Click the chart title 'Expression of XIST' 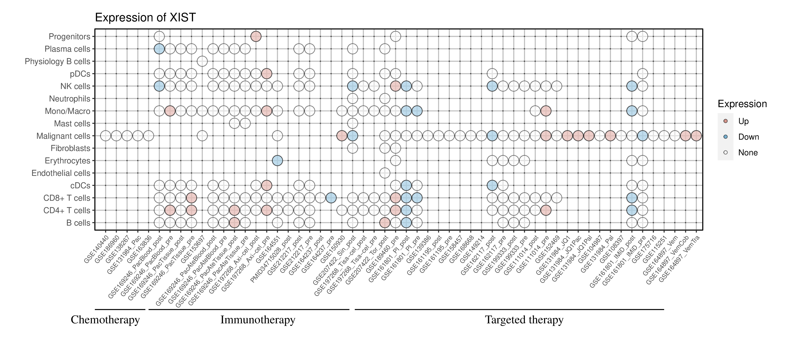(x=145, y=17)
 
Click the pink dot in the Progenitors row (x=256, y=37)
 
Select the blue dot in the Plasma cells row (x=159, y=49)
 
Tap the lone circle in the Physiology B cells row (x=202, y=61)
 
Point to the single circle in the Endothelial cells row (x=385, y=173)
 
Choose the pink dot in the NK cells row (x=395, y=86)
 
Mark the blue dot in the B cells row (x=406, y=223)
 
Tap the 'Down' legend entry (x=748, y=137)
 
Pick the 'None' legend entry (x=747, y=153)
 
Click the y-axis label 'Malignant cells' (x=63, y=136)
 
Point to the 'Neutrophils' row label (x=70, y=99)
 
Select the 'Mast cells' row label (x=72, y=123)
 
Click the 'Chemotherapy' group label (x=105, y=320)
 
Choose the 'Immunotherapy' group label (x=258, y=320)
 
